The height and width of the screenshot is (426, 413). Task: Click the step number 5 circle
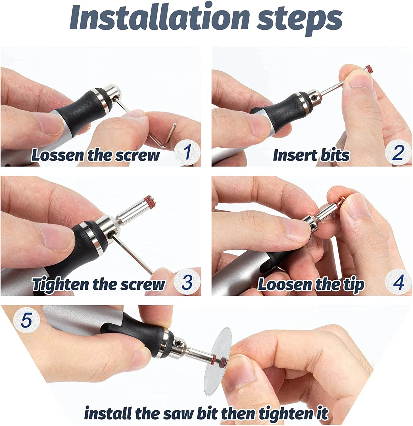(26, 320)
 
